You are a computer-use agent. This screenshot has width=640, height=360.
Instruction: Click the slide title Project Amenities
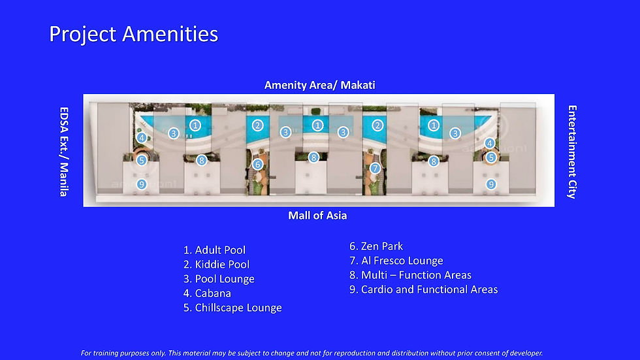tap(133, 34)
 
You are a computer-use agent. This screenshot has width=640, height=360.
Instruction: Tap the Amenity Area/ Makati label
tap(319, 85)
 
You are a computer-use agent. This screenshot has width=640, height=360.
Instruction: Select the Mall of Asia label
tap(317, 215)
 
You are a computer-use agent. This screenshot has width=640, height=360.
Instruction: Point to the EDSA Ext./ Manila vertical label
tap(64, 152)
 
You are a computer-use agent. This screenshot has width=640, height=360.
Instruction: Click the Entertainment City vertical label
tap(572, 152)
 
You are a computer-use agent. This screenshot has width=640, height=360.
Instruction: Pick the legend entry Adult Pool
tap(214, 250)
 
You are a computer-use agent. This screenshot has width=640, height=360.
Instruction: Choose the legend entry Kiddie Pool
tap(216, 264)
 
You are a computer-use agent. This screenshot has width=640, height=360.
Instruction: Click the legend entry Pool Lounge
tap(219, 279)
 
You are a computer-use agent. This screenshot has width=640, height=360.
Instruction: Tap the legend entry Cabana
tap(207, 293)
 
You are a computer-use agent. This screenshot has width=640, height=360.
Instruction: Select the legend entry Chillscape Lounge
tap(232, 308)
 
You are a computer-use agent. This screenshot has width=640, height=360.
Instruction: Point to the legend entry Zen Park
tap(376, 246)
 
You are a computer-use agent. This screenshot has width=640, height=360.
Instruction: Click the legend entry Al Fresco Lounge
tap(396, 261)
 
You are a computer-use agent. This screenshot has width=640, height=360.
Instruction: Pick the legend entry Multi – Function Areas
tap(410, 275)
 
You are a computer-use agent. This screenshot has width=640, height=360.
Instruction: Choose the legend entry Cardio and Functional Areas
tap(423, 289)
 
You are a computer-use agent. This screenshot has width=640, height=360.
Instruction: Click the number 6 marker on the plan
tap(257, 164)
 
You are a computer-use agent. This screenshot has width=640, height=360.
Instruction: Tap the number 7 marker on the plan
tap(375, 168)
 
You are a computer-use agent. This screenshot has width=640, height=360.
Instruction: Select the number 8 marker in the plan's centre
tap(313, 157)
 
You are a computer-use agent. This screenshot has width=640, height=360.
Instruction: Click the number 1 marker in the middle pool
tap(317, 125)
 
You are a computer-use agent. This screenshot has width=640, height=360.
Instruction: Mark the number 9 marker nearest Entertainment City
tap(491, 184)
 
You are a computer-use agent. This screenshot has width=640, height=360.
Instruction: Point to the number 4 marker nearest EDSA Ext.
tap(142, 138)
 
